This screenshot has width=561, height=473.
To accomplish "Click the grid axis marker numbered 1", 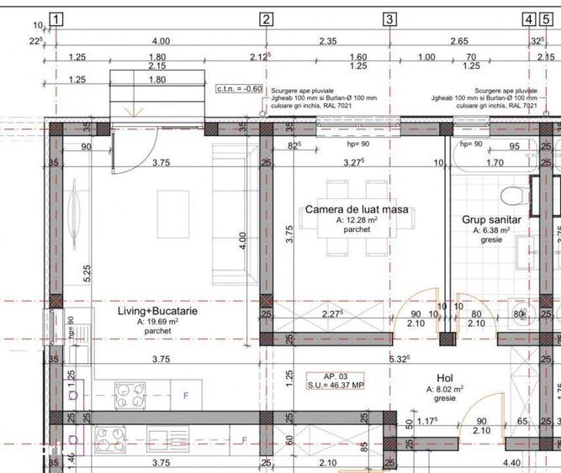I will point(56,18).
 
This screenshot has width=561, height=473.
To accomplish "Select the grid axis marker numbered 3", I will point(389,18).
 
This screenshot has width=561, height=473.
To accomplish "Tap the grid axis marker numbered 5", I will point(548,18).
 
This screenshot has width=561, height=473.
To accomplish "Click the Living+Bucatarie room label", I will point(157,311).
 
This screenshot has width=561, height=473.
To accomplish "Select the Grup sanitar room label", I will point(491,219).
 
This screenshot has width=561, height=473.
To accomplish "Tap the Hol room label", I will point(445,378).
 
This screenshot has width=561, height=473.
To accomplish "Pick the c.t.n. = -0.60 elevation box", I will point(240,87).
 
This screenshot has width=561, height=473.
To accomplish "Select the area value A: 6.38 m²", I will point(492,230).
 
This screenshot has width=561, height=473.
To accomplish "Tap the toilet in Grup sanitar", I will point(513,197).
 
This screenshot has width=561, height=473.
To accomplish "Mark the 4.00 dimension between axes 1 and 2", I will point(161,41).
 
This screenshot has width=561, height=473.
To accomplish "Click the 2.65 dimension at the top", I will point(458,41).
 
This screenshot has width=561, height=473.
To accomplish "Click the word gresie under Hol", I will point(446,399).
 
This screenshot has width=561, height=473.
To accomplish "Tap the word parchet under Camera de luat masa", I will point(347,229).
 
